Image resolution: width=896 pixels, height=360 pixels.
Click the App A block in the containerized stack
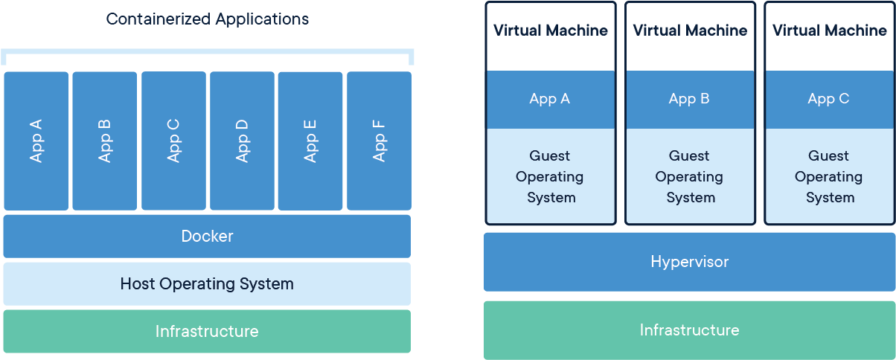36,141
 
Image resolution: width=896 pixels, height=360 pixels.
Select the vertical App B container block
104,141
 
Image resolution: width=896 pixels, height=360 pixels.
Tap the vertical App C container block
173,141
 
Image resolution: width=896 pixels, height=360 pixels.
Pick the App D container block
242,141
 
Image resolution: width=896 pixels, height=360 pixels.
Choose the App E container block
310,141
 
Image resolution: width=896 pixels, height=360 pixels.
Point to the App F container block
379,141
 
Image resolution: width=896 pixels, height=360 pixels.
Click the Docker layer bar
207,236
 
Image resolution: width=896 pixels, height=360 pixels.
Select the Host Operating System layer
207,283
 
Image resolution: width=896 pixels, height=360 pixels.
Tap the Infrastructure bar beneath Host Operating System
207,331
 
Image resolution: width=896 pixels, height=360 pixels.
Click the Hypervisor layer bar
689,262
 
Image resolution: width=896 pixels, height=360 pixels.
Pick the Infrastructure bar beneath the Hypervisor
689,330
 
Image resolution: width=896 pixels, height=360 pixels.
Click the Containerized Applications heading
207,19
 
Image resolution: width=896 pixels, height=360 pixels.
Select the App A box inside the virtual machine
550,99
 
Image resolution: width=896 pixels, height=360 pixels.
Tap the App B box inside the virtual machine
689,99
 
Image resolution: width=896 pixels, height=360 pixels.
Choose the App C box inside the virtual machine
829,99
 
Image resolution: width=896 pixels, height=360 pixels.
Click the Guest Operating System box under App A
550,176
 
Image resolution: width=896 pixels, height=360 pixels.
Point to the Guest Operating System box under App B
689,176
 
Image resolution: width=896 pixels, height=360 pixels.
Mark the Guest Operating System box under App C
829,176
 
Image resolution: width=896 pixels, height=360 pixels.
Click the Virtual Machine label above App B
689,30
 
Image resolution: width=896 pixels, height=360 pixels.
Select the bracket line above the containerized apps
207,51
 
